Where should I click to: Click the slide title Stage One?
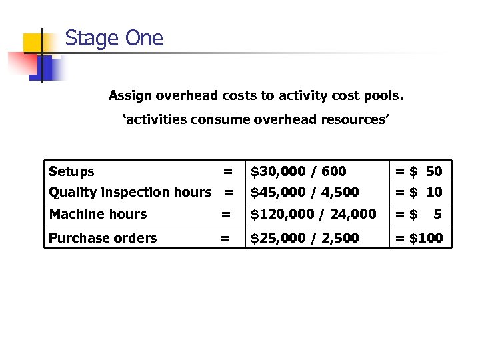(x=114, y=38)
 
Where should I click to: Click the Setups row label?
(x=71, y=171)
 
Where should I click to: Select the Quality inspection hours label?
(x=130, y=192)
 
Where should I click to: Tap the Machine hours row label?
(x=98, y=214)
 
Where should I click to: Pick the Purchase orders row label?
(x=103, y=238)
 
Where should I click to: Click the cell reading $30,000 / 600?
(x=298, y=171)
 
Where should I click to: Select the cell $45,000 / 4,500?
(x=304, y=192)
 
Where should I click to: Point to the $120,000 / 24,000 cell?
(x=313, y=214)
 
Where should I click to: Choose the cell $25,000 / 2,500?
(x=304, y=238)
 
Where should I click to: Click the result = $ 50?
(x=419, y=171)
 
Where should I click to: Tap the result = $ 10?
(x=419, y=192)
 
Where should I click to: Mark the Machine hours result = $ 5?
(x=419, y=214)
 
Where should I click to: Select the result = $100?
(x=419, y=238)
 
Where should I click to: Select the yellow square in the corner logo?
(x=33, y=43)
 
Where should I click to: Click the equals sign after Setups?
(x=228, y=171)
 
